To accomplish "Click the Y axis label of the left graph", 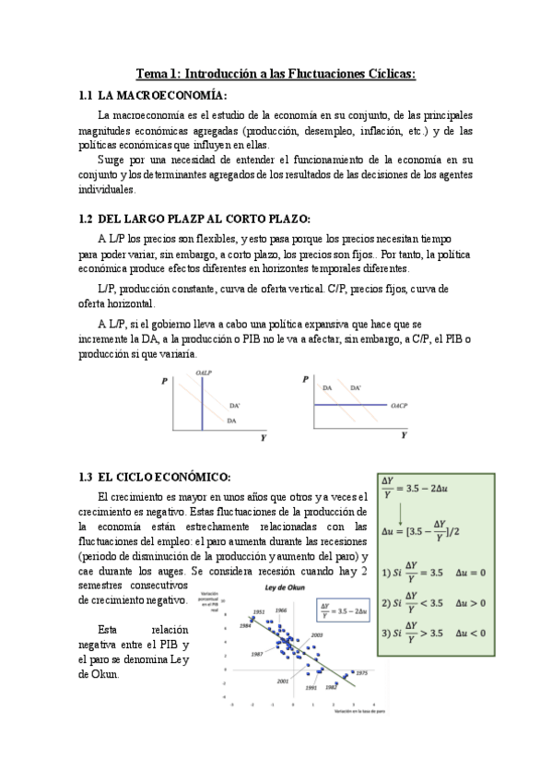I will coord(263,438).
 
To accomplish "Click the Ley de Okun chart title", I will coord(284,588).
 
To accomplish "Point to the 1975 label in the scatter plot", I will coord(361,673).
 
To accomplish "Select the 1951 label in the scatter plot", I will coord(260,611).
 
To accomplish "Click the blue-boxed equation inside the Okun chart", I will coord(337,607).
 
